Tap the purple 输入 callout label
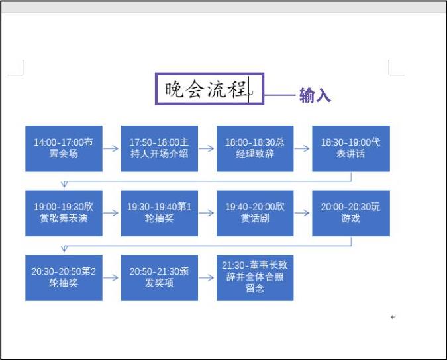coord(315,95)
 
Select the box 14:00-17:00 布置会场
coord(64,148)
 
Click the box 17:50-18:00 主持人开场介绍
coord(159,148)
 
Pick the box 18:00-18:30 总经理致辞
coord(255,148)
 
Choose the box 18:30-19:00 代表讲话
coord(351,148)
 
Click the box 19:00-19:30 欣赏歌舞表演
coord(64,212)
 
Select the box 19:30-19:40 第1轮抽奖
coord(159,212)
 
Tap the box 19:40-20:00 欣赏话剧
coord(255,212)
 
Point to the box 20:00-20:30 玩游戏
coord(351,212)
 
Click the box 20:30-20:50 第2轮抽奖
coord(64,277)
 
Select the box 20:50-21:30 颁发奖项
coord(159,277)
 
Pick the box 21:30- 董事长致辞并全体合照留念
coord(255,277)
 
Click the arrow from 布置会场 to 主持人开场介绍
coord(111,148)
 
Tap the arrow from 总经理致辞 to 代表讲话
coord(303,148)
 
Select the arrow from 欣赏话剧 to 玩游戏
coord(303,212)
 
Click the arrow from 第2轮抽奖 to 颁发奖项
coord(111,277)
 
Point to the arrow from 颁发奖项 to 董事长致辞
coord(207,277)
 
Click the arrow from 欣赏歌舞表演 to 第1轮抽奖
coord(111,212)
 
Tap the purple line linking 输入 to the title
coord(279,95)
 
